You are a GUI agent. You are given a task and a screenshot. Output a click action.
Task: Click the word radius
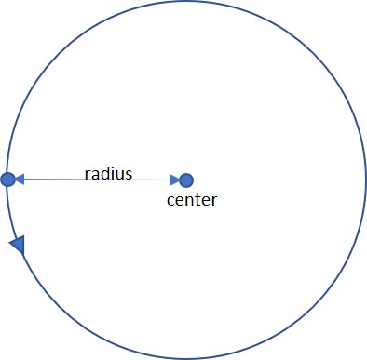[x=108, y=173]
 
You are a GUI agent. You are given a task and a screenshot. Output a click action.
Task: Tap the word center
[x=191, y=199]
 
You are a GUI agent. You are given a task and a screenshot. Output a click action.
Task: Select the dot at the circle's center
[x=186, y=180]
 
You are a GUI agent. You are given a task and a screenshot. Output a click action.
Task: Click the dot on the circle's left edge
[x=7, y=179]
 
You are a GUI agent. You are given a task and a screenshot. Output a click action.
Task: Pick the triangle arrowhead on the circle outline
[x=17, y=244]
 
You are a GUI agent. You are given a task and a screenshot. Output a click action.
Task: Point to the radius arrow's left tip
[x=16, y=179]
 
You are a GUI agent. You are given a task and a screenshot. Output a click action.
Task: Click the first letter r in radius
[x=87, y=174]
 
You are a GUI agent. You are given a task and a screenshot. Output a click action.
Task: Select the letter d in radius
[x=105, y=173]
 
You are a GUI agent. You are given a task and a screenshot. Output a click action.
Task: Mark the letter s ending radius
[x=129, y=174]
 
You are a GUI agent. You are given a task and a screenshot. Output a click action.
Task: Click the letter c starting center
[x=170, y=200]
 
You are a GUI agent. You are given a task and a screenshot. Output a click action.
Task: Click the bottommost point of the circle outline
[x=184, y=356]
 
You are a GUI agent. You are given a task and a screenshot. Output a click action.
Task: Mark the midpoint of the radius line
[x=96, y=180]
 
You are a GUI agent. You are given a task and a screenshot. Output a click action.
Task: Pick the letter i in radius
[x=112, y=173]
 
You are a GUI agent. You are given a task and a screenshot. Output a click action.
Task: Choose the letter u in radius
[x=119, y=174]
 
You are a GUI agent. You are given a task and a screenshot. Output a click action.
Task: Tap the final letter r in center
[x=213, y=200]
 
